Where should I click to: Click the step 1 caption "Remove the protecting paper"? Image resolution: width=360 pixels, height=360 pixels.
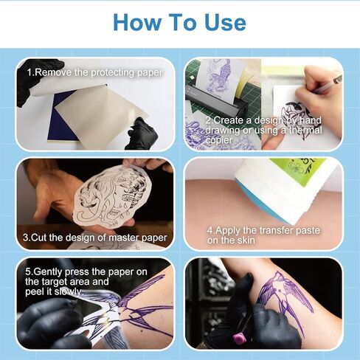[x=94, y=73]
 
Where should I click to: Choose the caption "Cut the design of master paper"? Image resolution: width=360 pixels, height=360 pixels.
[x=94, y=237]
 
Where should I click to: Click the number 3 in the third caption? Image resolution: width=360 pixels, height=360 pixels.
[x=26, y=237]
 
